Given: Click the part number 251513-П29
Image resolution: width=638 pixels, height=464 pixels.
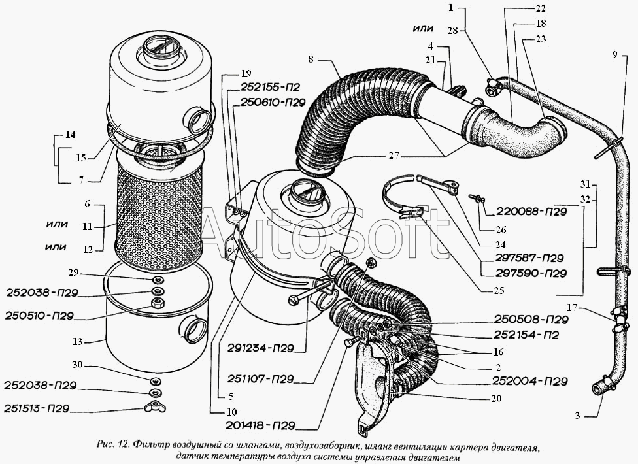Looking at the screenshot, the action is [x=37, y=408].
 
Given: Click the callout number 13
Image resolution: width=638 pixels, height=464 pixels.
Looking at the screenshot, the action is [x=78, y=341].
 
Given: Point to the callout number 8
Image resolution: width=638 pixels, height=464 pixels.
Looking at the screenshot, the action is [x=311, y=59].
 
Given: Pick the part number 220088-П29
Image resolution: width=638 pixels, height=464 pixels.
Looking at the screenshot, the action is [x=531, y=212].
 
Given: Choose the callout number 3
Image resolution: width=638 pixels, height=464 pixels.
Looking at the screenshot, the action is [x=577, y=416].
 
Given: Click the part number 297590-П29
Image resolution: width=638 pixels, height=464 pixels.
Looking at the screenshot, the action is [x=531, y=273].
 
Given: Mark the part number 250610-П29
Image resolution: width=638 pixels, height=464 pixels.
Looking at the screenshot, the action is [x=273, y=103].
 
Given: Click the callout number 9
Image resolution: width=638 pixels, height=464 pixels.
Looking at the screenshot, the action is [x=614, y=54].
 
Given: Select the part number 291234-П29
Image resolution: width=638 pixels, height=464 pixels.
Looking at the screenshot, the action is [x=261, y=348].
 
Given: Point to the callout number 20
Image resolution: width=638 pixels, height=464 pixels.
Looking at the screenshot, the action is [x=496, y=398].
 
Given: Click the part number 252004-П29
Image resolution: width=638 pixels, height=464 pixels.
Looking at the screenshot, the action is [x=529, y=381].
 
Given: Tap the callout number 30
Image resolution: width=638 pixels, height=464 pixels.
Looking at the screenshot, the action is [x=77, y=365].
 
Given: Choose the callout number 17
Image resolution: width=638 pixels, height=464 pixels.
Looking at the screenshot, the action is [x=572, y=308].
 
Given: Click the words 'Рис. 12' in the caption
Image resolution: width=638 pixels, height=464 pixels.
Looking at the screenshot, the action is [x=112, y=444].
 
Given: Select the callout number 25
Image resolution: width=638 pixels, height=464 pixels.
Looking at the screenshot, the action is [x=498, y=290].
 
